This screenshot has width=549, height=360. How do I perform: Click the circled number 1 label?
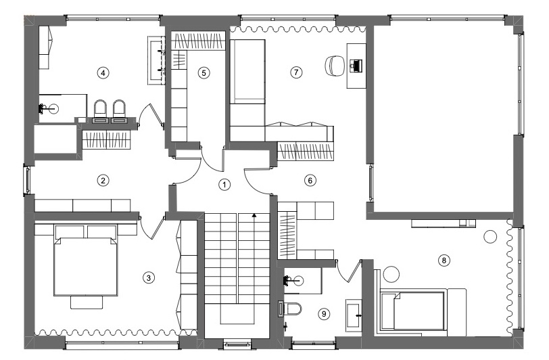(x=224, y=184)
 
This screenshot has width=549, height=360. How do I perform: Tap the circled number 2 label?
(x=103, y=181)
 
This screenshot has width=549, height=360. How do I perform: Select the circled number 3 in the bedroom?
(x=149, y=277)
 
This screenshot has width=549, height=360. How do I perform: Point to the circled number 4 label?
(x=103, y=73)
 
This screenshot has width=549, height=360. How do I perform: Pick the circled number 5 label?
(x=204, y=73)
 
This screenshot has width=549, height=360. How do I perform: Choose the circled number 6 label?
(x=310, y=181)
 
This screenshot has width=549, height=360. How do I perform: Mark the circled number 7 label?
(x=296, y=72)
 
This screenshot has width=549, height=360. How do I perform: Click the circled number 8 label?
(x=444, y=261)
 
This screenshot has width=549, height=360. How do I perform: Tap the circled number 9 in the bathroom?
(x=323, y=314)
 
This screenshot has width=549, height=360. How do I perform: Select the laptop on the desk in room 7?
(x=356, y=66)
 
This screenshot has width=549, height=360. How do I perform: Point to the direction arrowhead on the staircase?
(x=254, y=216)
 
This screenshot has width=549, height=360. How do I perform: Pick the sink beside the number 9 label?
(x=353, y=315)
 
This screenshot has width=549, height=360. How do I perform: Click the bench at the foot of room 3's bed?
(x=87, y=302)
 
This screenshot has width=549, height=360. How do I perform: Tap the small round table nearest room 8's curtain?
(x=490, y=237)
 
